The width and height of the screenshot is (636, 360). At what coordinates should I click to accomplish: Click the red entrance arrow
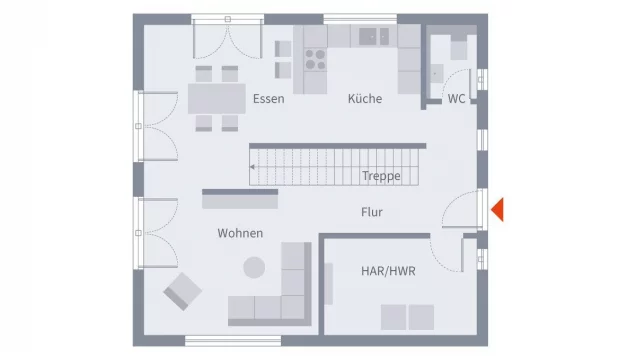coord(497,210)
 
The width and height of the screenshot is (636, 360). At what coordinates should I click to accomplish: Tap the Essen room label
coord(268,98)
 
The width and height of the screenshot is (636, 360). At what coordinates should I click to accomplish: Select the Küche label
coord(365,98)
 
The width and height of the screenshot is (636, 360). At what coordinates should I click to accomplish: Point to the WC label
coord(456,98)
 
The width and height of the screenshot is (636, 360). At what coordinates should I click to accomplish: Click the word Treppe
coord(381,176)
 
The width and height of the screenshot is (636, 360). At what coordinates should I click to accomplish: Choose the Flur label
coord(372,212)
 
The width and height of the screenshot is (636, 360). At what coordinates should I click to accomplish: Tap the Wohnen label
coord(240,233)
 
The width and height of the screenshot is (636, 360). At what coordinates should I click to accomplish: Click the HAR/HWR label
coord(388,271)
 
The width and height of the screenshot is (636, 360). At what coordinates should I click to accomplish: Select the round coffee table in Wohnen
coord(255,267)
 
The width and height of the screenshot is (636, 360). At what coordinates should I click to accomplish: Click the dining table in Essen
coord(216,98)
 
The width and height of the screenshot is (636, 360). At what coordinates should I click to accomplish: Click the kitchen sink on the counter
coord(375,36)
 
